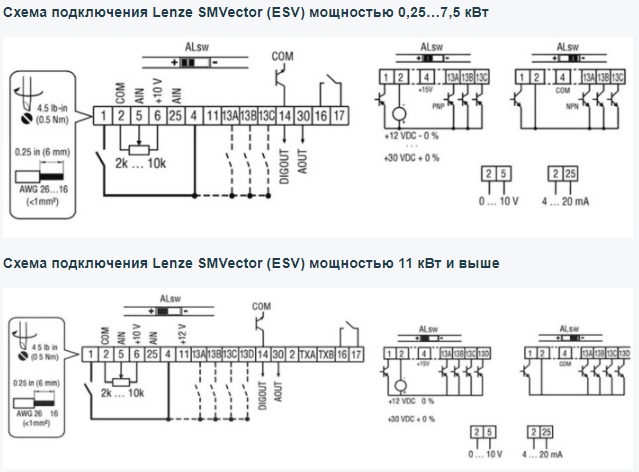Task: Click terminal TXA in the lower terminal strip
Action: (305, 354)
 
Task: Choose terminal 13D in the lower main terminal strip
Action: (246, 354)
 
